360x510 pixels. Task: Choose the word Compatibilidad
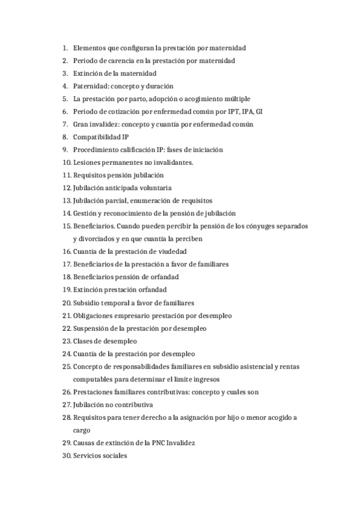coord(96,137)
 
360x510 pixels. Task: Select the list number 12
coord(66,188)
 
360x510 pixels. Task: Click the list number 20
coord(66,303)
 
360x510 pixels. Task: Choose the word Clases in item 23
coord(84,341)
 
